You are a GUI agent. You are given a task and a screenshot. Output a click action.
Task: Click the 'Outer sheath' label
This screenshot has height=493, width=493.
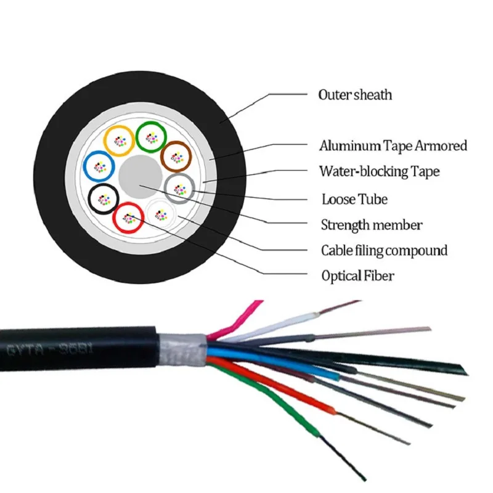[355, 95]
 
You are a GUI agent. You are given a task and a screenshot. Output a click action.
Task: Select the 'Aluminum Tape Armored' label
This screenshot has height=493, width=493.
[393, 146]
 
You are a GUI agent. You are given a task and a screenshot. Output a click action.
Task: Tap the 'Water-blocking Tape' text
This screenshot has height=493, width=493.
[379, 171]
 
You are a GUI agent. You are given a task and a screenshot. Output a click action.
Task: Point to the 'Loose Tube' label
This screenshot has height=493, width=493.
[354, 199]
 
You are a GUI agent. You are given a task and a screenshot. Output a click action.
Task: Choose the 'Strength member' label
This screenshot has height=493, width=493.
[371, 225]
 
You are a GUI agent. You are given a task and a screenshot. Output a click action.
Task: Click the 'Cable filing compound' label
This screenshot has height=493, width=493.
[383, 250]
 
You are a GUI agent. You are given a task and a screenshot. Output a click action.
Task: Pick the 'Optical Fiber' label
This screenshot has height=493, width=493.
[357, 275]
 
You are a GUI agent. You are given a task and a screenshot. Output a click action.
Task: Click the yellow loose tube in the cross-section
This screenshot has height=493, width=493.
[118, 141]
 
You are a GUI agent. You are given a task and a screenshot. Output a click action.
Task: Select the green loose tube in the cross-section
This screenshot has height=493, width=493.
[150, 137]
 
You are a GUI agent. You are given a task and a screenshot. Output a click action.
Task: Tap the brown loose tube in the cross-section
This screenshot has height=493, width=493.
[176, 157]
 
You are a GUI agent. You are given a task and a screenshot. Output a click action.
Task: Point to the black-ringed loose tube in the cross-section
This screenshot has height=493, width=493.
[103, 198]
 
